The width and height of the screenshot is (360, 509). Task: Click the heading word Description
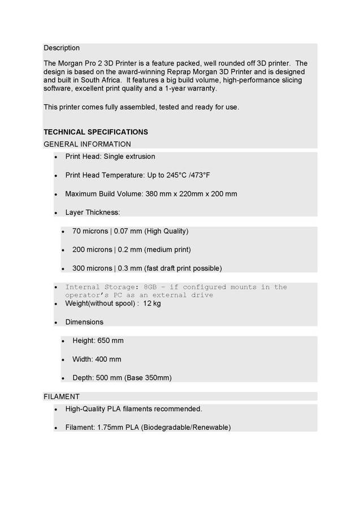pyautogui.click(x=62, y=48)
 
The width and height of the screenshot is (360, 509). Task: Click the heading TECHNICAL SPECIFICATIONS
pyautogui.click(x=96, y=132)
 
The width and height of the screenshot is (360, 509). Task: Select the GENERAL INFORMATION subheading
pyautogui.click(x=87, y=144)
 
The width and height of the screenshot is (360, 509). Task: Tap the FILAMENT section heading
pyautogui.click(x=62, y=396)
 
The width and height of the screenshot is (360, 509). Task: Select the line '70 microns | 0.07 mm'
pyautogui.click(x=107, y=231)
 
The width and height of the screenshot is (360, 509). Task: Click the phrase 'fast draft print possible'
pyautogui.click(x=183, y=269)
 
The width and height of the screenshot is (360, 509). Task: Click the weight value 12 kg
pyautogui.click(x=152, y=304)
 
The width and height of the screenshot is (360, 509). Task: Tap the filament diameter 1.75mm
pyautogui.click(x=108, y=428)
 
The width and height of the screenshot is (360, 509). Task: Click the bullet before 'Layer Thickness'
pyautogui.click(x=56, y=214)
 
